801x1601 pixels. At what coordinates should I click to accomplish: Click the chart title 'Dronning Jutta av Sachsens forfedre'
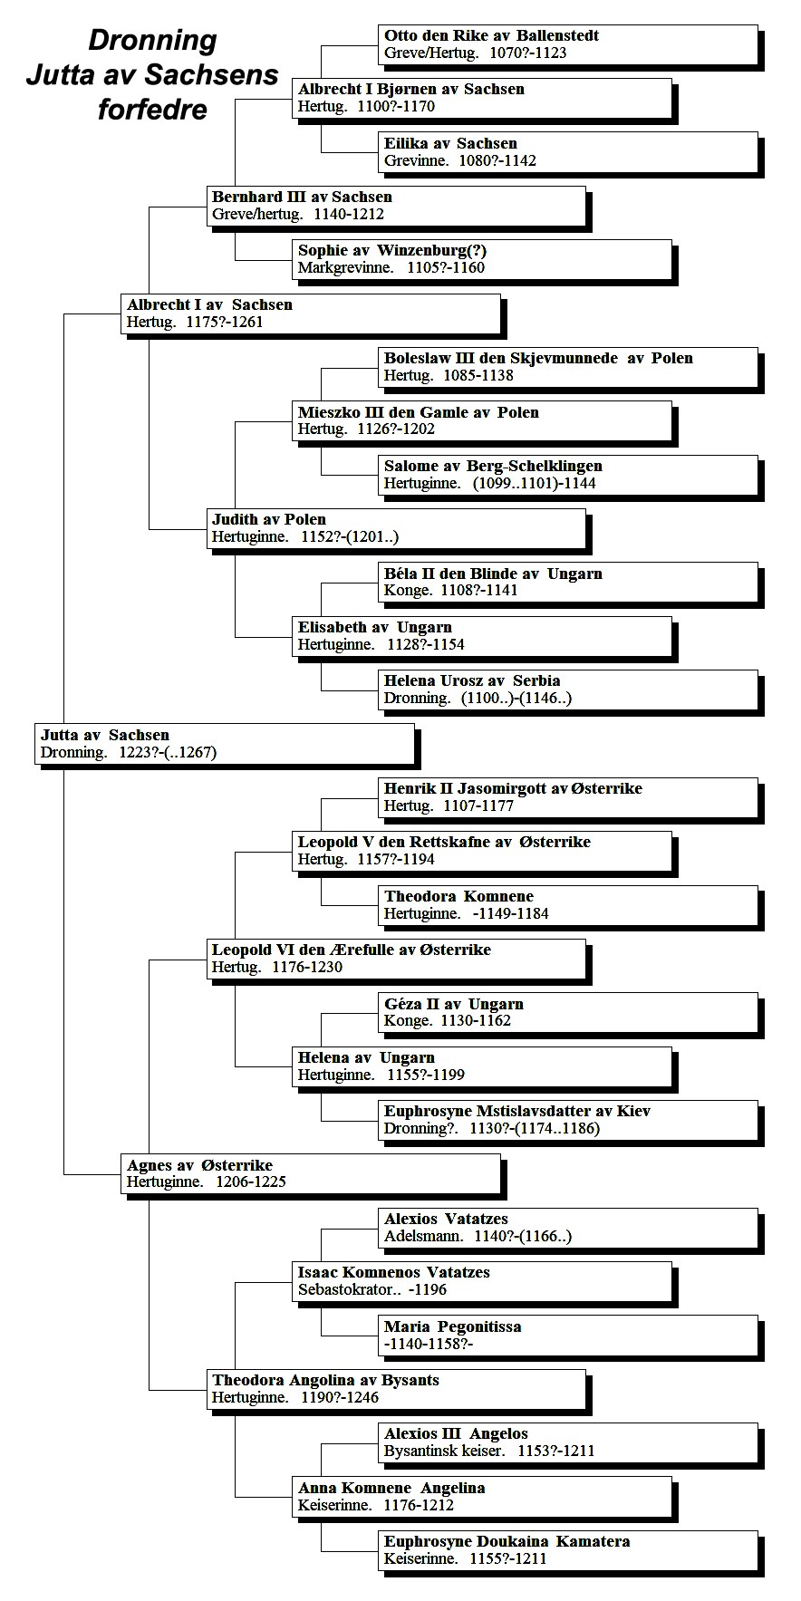(152, 74)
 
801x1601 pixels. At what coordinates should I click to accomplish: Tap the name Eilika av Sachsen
(450, 143)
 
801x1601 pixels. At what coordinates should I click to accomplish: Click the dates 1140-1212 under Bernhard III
(349, 215)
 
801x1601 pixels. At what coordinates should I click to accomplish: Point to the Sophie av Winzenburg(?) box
(482, 259)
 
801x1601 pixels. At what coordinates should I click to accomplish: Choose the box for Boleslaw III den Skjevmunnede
(568, 367)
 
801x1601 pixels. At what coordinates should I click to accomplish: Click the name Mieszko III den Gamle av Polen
(419, 412)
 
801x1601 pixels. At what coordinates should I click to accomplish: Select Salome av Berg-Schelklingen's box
(568, 475)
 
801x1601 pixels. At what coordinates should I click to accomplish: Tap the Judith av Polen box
(396, 528)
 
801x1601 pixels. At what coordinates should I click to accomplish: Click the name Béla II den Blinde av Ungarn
(493, 574)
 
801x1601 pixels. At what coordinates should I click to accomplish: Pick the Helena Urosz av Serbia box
(568, 690)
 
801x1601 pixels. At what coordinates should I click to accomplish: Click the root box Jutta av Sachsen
(225, 744)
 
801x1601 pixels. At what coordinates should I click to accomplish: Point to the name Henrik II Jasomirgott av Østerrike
(513, 788)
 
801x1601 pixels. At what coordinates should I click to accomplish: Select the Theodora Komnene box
(568, 905)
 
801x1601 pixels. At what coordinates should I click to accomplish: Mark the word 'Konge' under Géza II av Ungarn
(407, 1021)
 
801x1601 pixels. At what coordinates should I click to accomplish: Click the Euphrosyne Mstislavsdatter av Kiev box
(568, 1120)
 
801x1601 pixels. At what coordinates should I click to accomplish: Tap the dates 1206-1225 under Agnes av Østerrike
(251, 1182)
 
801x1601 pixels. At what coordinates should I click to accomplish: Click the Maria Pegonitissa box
(568, 1336)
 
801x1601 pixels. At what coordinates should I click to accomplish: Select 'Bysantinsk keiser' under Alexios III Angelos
(444, 1452)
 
